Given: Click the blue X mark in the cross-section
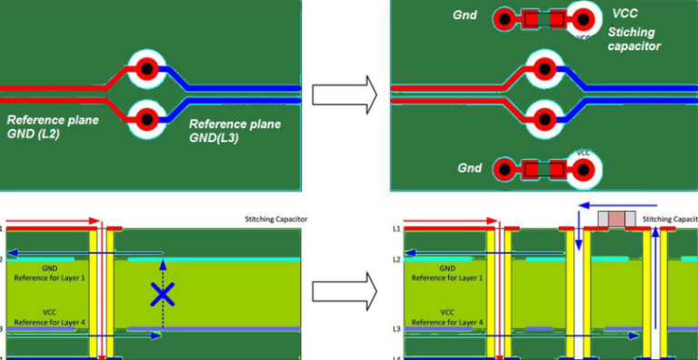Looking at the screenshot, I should click(x=162, y=293).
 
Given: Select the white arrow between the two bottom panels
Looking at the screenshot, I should click(x=344, y=293).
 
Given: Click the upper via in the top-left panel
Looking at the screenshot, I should click(x=146, y=67).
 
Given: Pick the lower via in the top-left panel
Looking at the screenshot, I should click(x=146, y=116).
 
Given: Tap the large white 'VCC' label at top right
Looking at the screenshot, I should click(x=625, y=14).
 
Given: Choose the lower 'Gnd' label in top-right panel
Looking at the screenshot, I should click(x=469, y=168).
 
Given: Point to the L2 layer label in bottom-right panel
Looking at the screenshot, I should click(x=396, y=260).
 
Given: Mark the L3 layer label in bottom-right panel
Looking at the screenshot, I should click(x=396, y=328).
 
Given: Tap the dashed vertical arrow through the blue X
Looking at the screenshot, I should click(x=162, y=273).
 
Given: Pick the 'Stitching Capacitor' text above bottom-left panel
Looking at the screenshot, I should click(x=272, y=219).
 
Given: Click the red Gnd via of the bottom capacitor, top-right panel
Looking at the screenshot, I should click(x=504, y=169).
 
